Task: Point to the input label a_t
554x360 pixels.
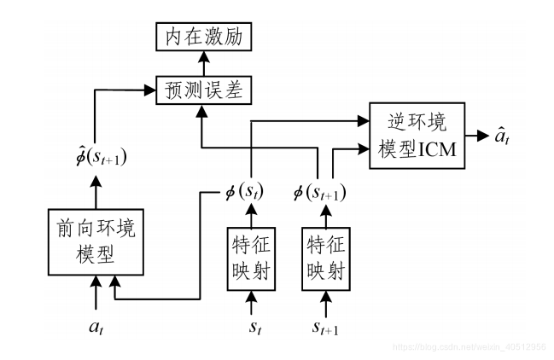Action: pyautogui.click(x=96, y=326)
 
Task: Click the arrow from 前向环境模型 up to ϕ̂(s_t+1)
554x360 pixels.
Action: pyautogui.click(x=96, y=190)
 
